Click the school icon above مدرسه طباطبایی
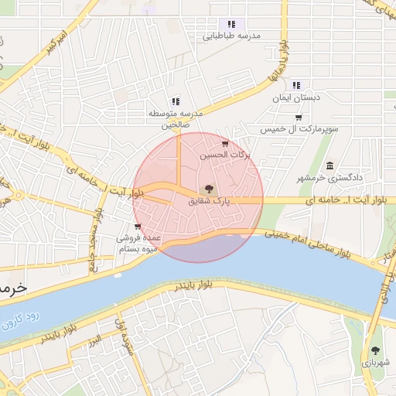click(x=231, y=24)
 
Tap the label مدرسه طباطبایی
click(x=231, y=36)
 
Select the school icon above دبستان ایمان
click(x=296, y=86)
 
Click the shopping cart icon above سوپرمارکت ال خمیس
click(x=299, y=118)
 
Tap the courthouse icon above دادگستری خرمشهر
click(x=330, y=166)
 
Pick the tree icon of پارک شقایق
click(x=207, y=189)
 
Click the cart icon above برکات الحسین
click(x=225, y=144)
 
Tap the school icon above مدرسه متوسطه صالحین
click(x=176, y=101)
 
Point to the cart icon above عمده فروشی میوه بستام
click(x=137, y=227)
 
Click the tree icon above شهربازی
click(x=375, y=350)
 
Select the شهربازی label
click(x=375, y=362)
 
